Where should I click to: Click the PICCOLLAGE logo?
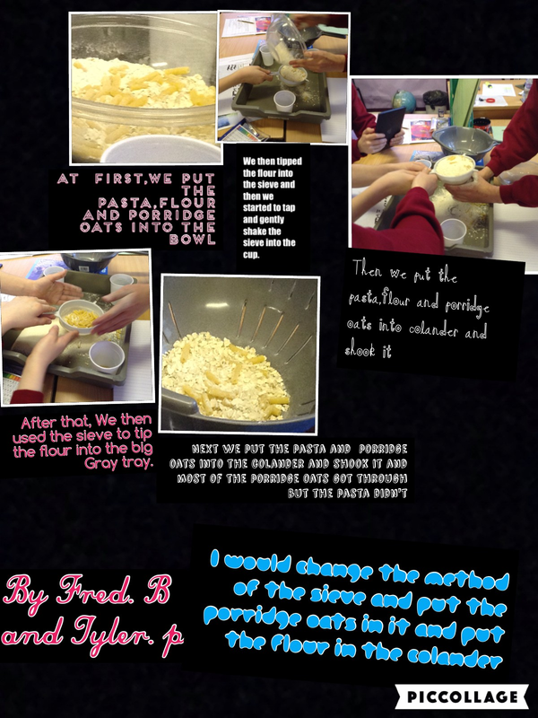(x=461, y=697)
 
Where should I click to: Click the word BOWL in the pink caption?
(x=192, y=240)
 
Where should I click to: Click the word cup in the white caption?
(x=251, y=255)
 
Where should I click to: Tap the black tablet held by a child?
(x=390, y=124)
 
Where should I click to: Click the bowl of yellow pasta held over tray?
(x=81, y=316)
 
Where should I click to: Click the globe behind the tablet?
(x=404, y=101)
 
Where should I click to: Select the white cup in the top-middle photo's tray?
(x=284, y=101)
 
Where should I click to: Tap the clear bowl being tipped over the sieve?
(x=284, y=40)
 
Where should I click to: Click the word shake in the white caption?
(x=256, y=232)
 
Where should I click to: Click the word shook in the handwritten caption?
(x=360, y=350)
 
